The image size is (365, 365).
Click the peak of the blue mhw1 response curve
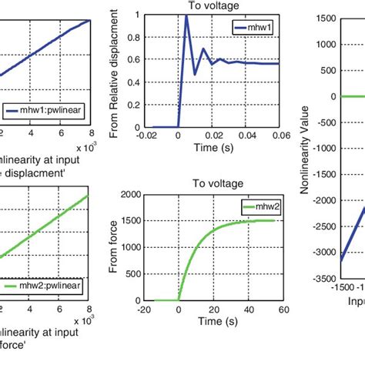pos(186,16)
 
